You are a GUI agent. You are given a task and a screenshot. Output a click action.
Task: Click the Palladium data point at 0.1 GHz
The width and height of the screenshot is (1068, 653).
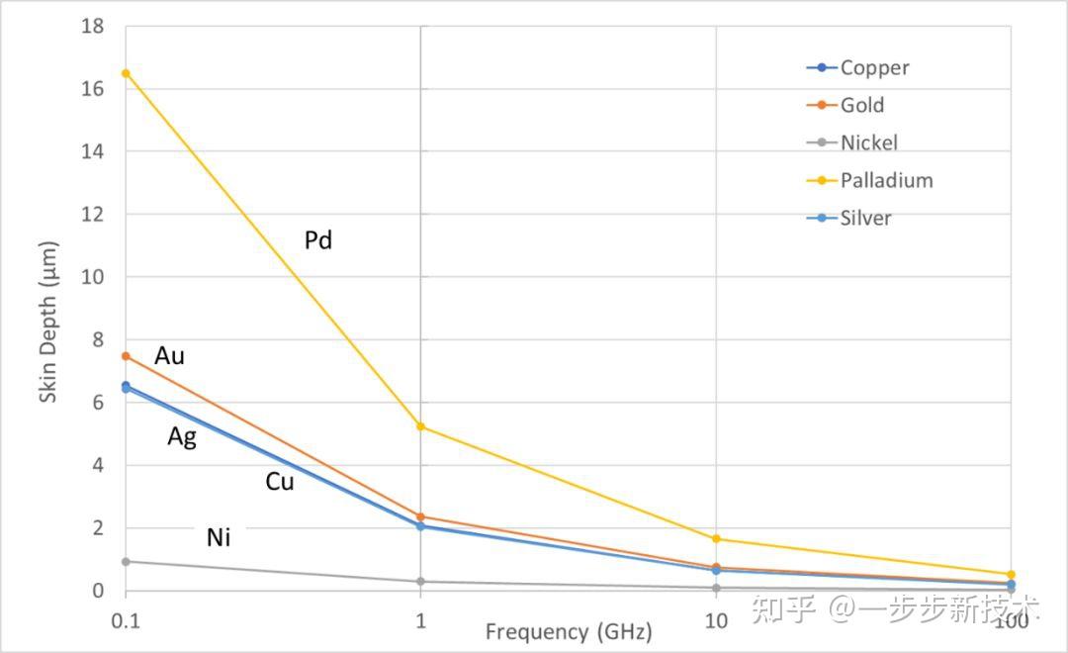pyautogui.click(x=126, y=73)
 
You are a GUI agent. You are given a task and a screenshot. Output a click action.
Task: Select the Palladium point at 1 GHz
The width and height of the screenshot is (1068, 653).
pyautogui.click(x=420, y=426)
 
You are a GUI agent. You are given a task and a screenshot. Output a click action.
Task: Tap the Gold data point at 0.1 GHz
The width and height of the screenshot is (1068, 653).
pyautogui.click(x=126, y=356)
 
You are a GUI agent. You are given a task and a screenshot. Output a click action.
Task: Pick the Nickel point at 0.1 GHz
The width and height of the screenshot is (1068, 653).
pyautogui.click(x=126, y=562)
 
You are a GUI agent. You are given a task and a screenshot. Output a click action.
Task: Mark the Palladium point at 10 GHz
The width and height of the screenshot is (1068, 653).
pyautogui.click(x=716, y=539)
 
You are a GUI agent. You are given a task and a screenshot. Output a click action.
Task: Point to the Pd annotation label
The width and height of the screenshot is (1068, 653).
pyautogui.click(x=318, y=240)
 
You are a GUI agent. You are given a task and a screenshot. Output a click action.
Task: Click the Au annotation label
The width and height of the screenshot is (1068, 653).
pyautogui.click(x=169, y=356)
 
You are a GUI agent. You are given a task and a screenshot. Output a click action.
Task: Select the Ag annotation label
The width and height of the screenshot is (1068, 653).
pyautogui.click(x=182, y=436)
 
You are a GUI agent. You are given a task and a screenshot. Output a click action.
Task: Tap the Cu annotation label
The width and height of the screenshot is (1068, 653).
pyautogui.click(x=280, y=483)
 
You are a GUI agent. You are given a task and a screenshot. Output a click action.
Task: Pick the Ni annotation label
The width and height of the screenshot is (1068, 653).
pyautogui.click(x=219, y=538)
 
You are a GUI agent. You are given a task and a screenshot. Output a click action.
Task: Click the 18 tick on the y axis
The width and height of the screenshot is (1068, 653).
pyautogui.click(x=93, y=26)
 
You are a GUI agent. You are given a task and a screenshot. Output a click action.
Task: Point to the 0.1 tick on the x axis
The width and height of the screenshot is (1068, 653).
pyautogui.click(x=126, y=621)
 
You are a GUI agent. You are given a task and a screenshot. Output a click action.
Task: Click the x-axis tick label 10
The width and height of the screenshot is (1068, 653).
pyautogui.click(x=715, y=621)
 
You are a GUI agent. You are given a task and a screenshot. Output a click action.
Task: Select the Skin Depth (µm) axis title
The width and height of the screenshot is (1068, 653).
pyautogui.click(x=48, y=323)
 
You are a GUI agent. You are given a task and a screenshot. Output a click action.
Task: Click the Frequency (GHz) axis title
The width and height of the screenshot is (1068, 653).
pyautogui.click(x=569, y=632)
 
